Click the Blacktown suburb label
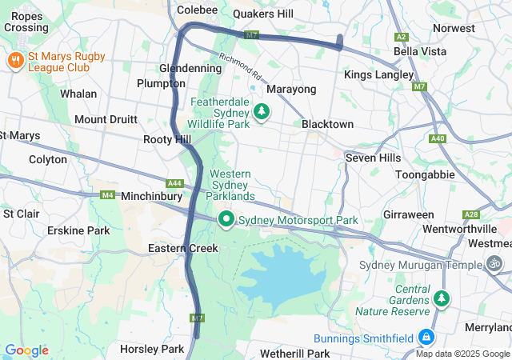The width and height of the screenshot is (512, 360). pos(327,124)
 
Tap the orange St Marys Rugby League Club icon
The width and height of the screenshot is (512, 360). pos(14,61)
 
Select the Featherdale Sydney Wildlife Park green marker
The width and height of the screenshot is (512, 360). pos(262,114)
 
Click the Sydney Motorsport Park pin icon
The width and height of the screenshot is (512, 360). pos(226,218)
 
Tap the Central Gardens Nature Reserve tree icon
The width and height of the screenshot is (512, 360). pos(441,299)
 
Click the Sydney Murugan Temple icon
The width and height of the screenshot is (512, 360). pos(496,263)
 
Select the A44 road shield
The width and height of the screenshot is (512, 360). pos(175,182)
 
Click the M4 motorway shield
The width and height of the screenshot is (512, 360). pos(107,194)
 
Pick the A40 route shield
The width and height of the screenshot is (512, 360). pos(437,138)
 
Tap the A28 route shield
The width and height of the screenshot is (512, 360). pos(471,214)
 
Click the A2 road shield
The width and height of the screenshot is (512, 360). pos(402,37)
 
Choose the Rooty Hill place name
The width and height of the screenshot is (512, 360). pos(166,139)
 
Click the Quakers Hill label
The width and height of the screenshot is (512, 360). pos(263,14)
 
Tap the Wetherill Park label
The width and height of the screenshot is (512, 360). pos(295,353)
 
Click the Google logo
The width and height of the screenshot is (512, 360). pos(26,350)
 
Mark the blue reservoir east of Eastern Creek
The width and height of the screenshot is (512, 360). pos(280,276)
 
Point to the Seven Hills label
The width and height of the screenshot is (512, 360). pos(372,158)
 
